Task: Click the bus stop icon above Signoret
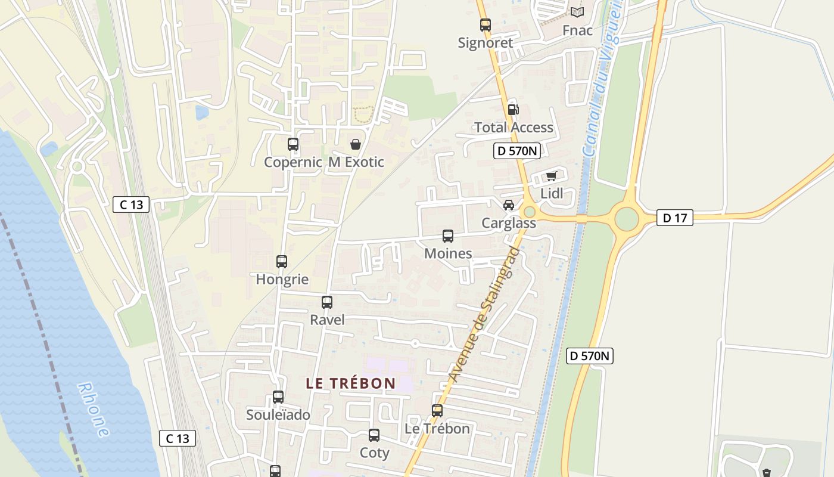pos(486,25)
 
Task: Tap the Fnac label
pos(577,30)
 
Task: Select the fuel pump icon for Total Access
pos(513,110)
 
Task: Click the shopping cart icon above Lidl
pos(551,176)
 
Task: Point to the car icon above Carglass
pos(509,206)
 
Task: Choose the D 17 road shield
pos(675,218)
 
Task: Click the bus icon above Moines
pos(448,236)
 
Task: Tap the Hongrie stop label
pos(282,279)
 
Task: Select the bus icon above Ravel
pos(327,302)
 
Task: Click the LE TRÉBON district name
pos(351,383)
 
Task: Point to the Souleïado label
pos(278,414)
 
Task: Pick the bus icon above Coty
pos(374,435)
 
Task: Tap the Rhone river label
pos(94,410)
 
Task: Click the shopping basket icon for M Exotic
pos(356,144)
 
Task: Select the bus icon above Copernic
pos(293,144)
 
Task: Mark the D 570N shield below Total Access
pos(516,151)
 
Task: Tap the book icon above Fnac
pos(577,12)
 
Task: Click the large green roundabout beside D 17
pos(626,219)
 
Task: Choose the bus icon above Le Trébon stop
pos(437,411)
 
